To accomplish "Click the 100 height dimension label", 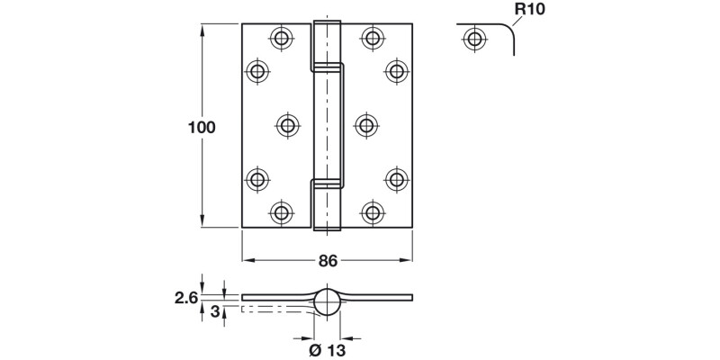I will (x=201, y=128).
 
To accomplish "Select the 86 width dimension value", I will (x=328, y=261).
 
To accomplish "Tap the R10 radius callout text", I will (x=529, y=11).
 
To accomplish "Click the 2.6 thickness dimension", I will (x=186, y=296).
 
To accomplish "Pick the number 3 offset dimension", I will (x=214, y=312).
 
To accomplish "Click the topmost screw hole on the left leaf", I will (x=282, y=38).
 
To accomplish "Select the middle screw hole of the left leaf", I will (x=287, y=125).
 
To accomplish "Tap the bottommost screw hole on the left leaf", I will (x=282, y=213).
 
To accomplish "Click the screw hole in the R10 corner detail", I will (x=472, y=39).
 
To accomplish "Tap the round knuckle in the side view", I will (x=328, y=301).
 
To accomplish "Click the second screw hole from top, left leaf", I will (x=258, y=71).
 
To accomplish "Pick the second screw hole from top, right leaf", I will (x=395, y=71).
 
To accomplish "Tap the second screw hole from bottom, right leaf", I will (x=395, y=179).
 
